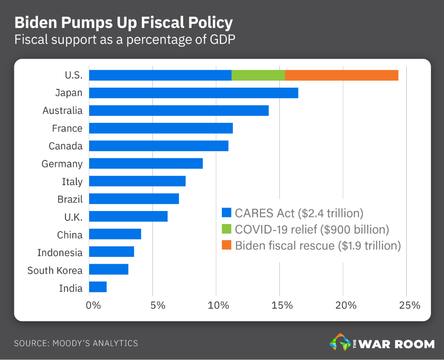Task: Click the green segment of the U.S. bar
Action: [x=258, y=75]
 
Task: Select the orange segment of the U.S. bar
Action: [x=341, y=75]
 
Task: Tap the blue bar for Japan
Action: [x=194, y=93]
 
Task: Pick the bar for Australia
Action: [x=179, y=111]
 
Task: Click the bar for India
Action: [x=98, y=287]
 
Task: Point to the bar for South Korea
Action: [x=109, y=269]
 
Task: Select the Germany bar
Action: [x=146, y=164]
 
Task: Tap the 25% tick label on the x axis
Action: [x=409, y=305]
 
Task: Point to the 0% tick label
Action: [x=93, y=305]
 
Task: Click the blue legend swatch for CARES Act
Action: [x=226, y=213]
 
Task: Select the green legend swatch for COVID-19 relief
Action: [x=226, y=229]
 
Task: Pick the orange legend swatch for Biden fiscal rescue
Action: [x=226, y=245]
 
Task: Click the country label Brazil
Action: [x=70, y=199]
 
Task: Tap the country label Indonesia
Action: [x=60, y=253]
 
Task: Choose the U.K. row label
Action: [x=73, y=217]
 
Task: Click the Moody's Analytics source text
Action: [x=76, y=343]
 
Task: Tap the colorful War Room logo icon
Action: [x=339, y=342]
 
